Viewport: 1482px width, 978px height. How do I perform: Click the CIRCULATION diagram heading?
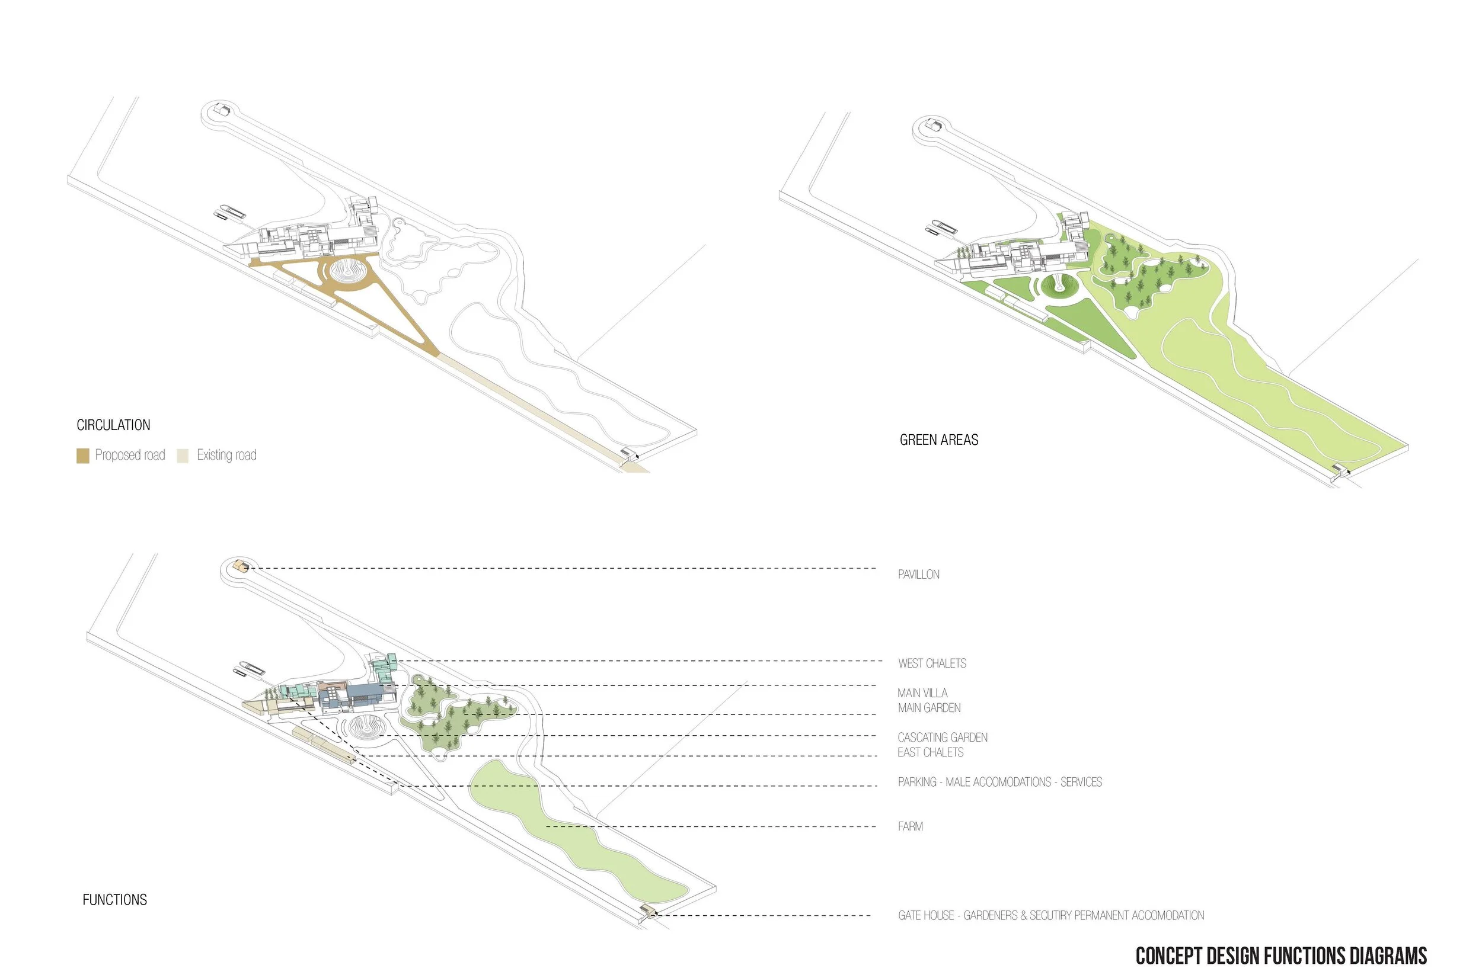[114, 425]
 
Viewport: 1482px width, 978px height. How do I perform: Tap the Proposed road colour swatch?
[82, 456]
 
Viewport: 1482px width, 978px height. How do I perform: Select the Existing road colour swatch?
[182, 456]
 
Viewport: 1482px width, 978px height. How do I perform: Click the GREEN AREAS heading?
[938, 440]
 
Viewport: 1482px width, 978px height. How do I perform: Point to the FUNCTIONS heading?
[115, 899]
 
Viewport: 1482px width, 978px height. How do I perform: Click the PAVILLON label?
[918, 575]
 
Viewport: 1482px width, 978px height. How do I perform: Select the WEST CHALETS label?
[932, 663]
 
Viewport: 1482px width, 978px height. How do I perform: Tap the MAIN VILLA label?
[922, 693]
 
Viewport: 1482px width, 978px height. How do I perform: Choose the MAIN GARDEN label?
[929, 708]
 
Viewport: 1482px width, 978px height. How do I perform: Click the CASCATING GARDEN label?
[942, 738]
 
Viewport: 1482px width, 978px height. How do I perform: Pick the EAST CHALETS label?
[930, 753]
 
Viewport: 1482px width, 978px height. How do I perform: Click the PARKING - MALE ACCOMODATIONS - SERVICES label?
[999, 782]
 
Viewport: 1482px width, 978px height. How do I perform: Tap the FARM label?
[910, 826]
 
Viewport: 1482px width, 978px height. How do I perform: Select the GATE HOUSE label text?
[1051, 916]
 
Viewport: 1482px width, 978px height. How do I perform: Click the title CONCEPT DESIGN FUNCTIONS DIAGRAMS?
[1281, 956]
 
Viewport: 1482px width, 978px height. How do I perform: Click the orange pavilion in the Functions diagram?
[240, 566]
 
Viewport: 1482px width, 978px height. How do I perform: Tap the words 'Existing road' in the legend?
[226, 456]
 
